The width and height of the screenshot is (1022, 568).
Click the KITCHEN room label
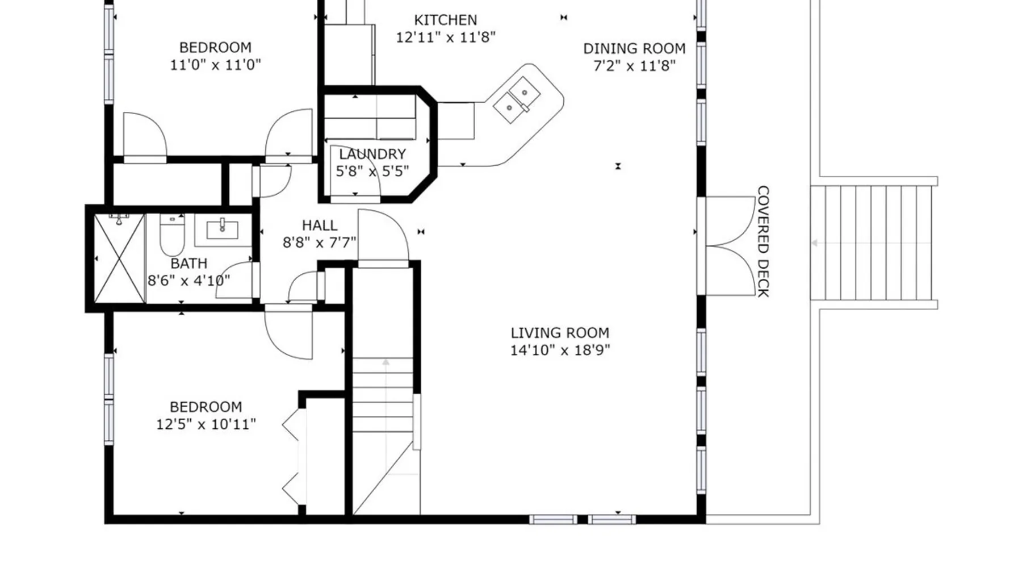click(x=445, y=20)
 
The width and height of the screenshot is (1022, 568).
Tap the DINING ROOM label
click(x=634, y=49)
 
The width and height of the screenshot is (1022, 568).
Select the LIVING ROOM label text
click(x=560, y=333)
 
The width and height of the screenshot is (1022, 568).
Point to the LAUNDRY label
click(x=372, y=154)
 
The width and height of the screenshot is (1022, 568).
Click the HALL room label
click(x=320, y=225)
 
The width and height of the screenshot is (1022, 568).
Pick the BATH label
click(x=189, y=264)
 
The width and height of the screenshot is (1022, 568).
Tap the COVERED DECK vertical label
click(x=763, y=241)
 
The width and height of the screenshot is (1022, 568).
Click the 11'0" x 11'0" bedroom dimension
click(x=215, y=65)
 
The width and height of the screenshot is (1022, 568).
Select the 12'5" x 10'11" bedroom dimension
click(x=206, y=424)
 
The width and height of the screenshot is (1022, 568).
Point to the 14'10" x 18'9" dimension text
click(x=560, y=350)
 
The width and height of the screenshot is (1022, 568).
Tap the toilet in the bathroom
click(x=172, y=235)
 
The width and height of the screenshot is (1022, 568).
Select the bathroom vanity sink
click(x=223, y=229)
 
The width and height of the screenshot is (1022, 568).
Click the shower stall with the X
click(x=119, y=258)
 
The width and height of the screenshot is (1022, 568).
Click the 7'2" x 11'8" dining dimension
click(x=634, y=66)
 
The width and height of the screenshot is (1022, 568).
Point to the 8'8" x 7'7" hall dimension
click(x=320, y=243)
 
